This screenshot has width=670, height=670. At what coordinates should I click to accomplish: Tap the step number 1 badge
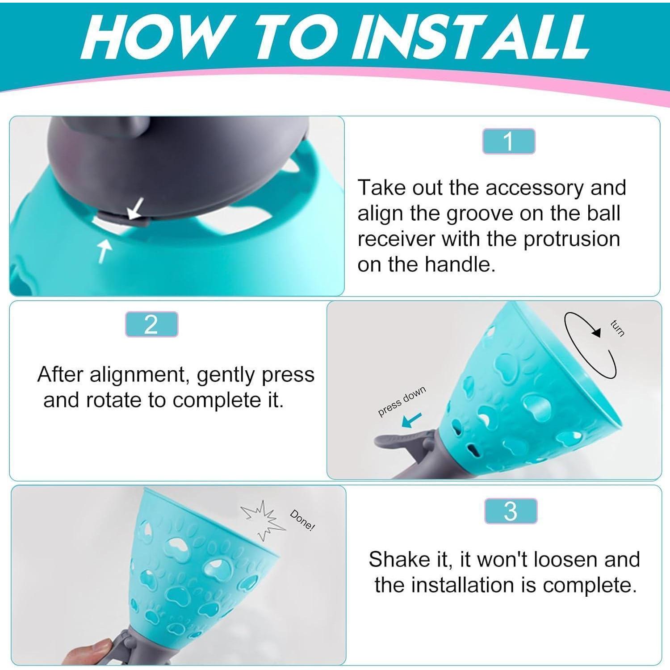click(508, 142)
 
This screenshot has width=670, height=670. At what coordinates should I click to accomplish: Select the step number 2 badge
click(151, 324)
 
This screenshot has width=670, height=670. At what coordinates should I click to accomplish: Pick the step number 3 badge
click(511, 511)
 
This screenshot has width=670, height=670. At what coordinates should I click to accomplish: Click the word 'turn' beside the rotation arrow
click(617, 329)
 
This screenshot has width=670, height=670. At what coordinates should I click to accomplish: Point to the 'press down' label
click(402, 401)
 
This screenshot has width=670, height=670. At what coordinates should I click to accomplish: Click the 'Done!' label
click(302, 520)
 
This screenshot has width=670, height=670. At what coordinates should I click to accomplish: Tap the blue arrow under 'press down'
click(412, 420)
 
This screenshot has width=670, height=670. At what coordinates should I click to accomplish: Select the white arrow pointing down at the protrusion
click(136, 208)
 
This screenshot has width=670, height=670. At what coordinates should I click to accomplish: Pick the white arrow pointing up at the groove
click(104, 250)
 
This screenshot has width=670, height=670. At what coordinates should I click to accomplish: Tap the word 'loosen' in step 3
click(565, 559)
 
